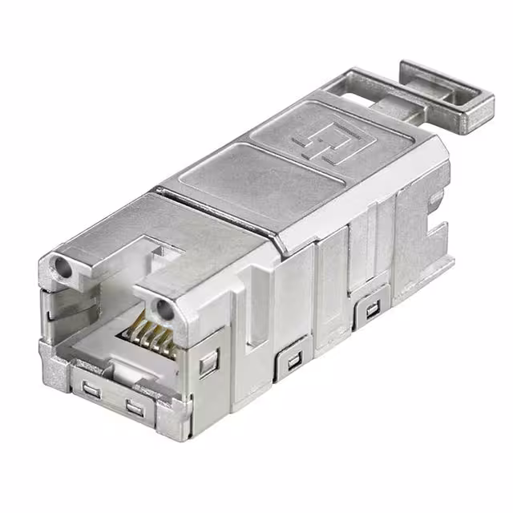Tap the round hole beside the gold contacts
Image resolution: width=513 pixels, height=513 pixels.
(x=164, y=308)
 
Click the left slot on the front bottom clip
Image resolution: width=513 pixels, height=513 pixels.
(x=91, y=390)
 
